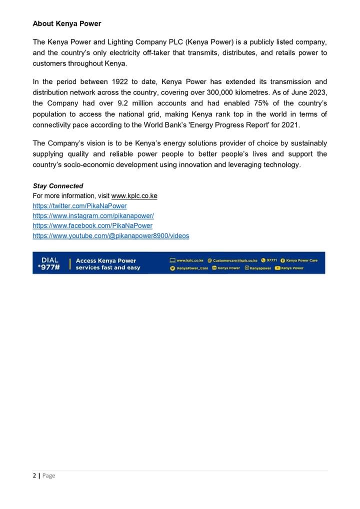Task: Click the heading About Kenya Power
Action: (x=66, y=23)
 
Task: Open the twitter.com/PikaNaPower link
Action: (x=79, y=206)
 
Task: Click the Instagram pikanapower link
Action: (x=93, y=216)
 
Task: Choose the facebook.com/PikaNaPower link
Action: (x=92, y=225)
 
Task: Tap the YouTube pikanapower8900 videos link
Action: (x=110, y=235)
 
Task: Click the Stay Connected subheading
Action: (x=58, y=186)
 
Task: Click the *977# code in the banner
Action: (x=48, y=267)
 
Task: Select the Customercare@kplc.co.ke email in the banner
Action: (x=235, y=260)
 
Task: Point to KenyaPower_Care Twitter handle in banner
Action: (x=192, y=268)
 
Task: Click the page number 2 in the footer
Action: (x=34, y=475)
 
